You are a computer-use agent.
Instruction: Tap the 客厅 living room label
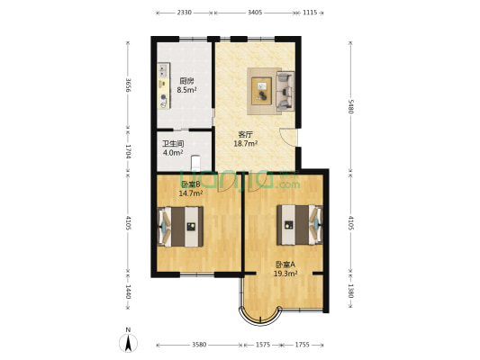coord(246,134)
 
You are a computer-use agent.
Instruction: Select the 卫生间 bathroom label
coord(173,143)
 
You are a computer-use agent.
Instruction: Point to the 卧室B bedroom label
coord(190,183)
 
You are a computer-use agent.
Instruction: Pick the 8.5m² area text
coord(186,90)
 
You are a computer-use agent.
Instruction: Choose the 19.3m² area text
coord(287,274)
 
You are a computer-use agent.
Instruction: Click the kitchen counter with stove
coord(164,86)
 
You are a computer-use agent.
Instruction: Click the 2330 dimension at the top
coord(184,13)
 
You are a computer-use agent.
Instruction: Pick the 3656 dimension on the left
coord(129,86)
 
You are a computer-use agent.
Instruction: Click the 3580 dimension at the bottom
coord(199,345)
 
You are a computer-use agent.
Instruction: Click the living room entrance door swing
coord(288,138)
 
